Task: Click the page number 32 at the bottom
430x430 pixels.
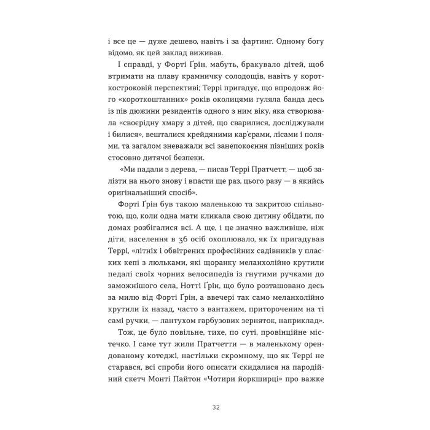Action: pyautogui.click(x=215, y=389)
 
